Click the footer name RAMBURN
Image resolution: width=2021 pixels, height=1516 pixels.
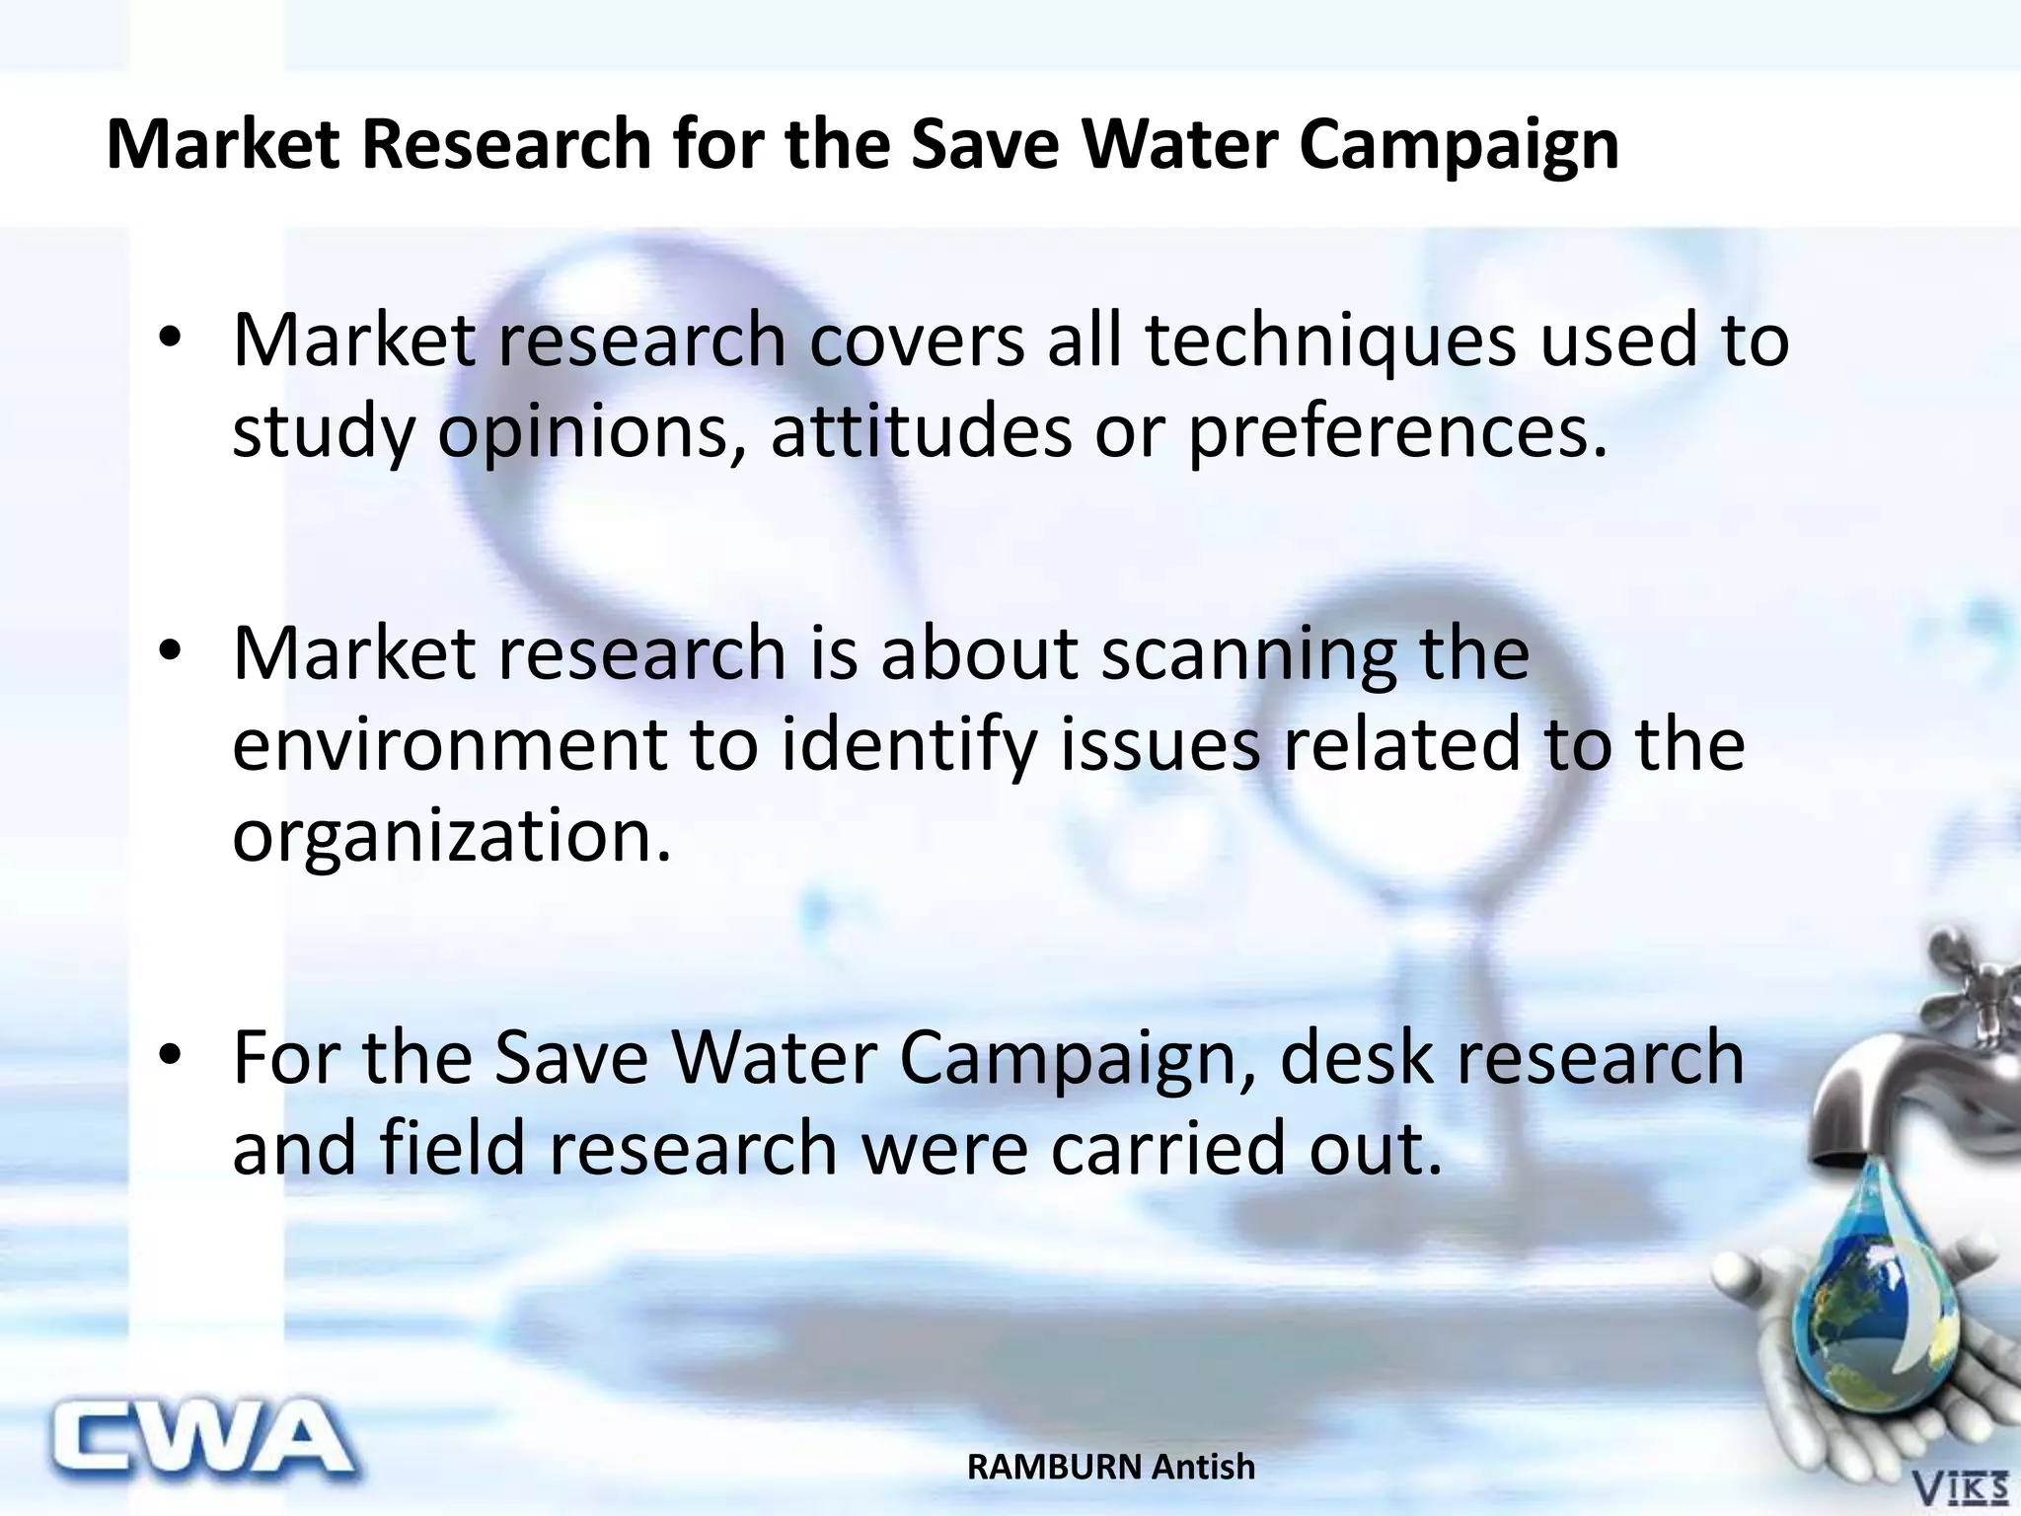[1054, 1468]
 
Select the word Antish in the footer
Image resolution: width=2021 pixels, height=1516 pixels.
[1204, 1468]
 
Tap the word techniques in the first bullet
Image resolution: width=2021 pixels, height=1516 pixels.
[1330, 341]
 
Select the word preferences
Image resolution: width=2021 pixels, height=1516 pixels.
[1397, 432]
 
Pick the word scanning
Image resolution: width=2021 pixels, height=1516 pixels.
[1249, 654]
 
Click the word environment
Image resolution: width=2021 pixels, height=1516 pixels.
[449, 745]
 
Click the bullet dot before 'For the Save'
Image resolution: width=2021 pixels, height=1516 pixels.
[170, 1056]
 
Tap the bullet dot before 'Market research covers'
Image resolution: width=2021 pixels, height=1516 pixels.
[170, 339]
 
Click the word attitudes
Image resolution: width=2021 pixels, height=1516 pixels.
[921, 432]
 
